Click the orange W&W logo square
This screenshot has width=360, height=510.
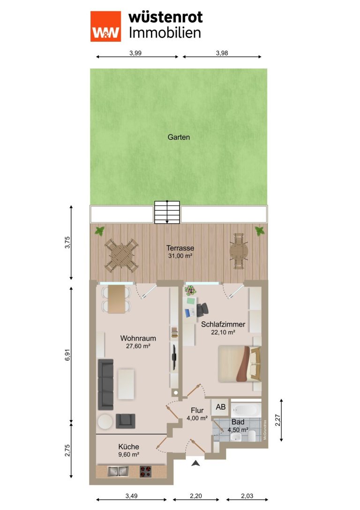105,26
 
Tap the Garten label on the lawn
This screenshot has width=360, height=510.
179,137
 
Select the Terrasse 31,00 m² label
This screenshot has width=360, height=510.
180,252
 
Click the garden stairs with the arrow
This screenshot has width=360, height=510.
167,213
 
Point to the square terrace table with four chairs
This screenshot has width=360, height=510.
121,255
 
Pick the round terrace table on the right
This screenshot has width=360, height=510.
239,251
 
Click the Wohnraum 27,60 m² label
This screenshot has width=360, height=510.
138,342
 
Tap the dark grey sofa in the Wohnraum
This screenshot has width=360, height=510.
106,384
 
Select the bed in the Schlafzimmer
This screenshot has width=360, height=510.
240,364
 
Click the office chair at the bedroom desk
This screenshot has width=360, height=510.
202,309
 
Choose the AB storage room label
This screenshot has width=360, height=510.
221,407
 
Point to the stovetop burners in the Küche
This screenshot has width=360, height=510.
146,472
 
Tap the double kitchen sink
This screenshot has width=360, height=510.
118,471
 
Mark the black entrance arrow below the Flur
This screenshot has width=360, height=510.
195,463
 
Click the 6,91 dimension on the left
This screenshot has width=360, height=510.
67,355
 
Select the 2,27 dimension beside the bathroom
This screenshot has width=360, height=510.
277,420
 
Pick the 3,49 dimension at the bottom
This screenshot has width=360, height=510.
132,496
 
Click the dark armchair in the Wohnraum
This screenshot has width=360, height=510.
126,421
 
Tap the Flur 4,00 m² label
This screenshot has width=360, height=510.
197,414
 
